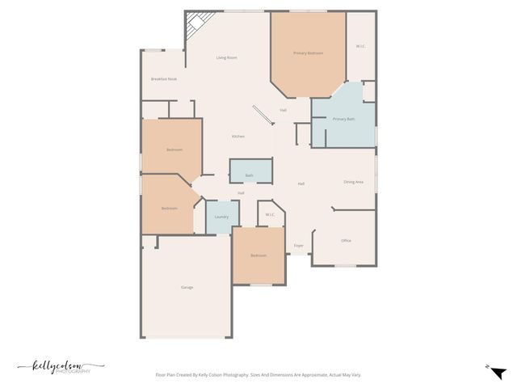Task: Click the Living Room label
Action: point(226,58)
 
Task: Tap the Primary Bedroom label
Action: point(308,53)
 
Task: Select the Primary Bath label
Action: point(343,119)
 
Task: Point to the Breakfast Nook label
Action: point(163,78)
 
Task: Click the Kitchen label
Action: point(238,137)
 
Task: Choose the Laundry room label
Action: point(221,217)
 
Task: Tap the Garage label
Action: point(187,287)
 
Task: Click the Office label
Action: point(346,240)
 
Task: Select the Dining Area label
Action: point(353,182)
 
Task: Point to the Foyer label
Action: point(298,245)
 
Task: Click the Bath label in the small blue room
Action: point(249,175)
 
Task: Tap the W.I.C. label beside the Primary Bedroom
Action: point(360,46)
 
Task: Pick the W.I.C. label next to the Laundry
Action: point(271,214)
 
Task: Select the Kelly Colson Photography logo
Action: point(57,367)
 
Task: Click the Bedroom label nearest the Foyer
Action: point(258,255)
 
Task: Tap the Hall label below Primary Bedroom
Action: point(283,110)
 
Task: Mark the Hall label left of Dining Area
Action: point(301,183)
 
